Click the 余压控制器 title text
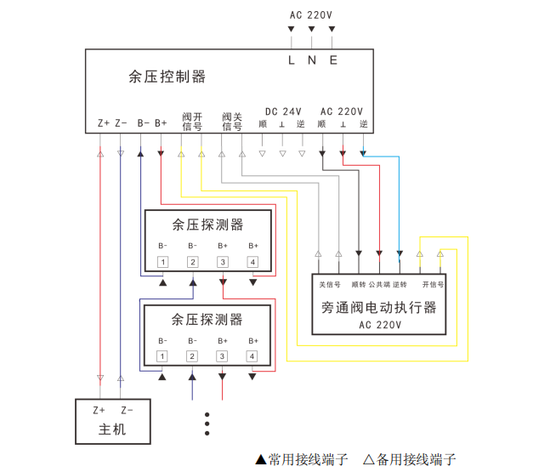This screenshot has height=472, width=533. click(x=167, y=77)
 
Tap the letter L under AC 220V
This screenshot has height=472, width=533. click(x=292, y=60)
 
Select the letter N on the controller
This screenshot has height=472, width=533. click(x=312, y=60)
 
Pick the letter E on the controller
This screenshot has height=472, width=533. click(x=332, y=60)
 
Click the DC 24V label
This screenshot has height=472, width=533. click(x=283, y=111)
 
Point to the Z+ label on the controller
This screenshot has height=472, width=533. click(x=103, y=123)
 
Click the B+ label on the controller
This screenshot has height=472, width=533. click(x=161, y=123)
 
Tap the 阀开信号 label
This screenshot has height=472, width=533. click(x=192, y=121)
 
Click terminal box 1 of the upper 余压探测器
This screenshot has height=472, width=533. click(x=162, y=262)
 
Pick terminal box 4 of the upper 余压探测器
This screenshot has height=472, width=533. click(x=252, y=262)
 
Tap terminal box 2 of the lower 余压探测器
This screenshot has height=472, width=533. click(x=192, y=355)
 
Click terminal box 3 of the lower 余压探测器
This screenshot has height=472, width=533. click(x=223, y=355)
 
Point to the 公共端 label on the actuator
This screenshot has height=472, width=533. click(x=378, y=284)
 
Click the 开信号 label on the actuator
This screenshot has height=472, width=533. click(x=433, y=284)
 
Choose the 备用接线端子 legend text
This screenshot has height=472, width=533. click(x=416, y=460)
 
